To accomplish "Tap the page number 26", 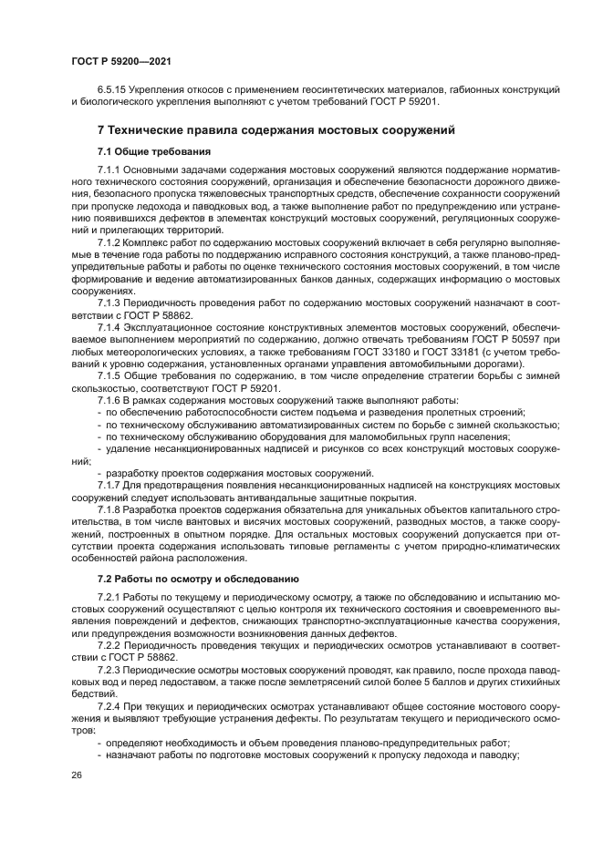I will pos(76,775).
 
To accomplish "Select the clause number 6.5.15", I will pos(114,89).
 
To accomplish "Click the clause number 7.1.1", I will pos(109,171).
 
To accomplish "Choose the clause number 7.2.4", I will pos(109,708).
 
